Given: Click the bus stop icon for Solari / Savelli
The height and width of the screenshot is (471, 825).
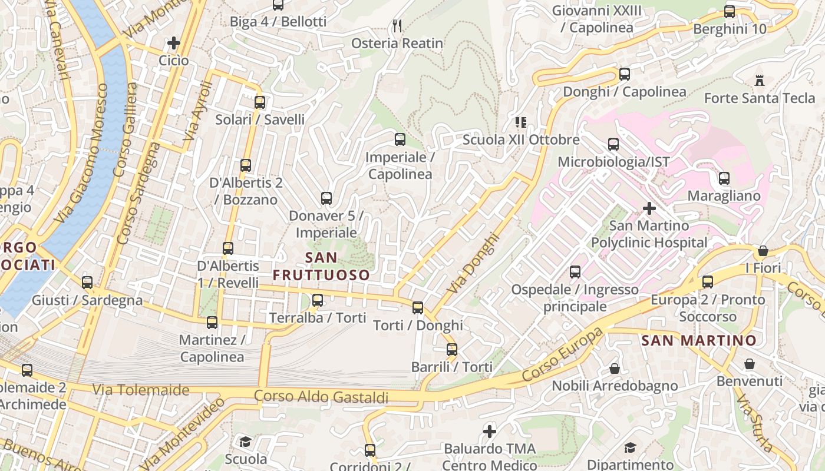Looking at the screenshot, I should (x=260, y=102).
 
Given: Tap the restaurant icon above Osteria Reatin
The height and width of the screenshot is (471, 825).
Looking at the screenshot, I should (x=397, y=25).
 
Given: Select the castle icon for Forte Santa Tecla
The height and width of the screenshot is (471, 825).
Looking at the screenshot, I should (x=759, y=81).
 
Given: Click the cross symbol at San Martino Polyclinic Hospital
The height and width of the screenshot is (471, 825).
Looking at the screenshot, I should (x=649, y=208).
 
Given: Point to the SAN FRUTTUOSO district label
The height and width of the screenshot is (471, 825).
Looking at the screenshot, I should (x=321, y=266).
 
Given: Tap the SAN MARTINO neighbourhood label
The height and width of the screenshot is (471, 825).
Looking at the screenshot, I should (x=698, y=340).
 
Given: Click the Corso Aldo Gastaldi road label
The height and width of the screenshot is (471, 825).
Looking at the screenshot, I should (x=321, y=397).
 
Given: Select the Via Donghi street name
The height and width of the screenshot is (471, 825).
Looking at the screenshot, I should (x=473, y=264).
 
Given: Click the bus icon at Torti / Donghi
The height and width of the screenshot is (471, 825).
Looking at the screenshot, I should (x=418, y=307).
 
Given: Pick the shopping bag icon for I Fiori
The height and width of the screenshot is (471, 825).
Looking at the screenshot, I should (x=763, y=251).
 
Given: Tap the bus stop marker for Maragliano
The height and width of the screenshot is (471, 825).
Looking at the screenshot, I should (x=724, y=178).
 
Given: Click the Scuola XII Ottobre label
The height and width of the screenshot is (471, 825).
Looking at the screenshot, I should (x=521, y=140).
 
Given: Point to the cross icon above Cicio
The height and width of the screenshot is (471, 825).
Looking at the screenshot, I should (x=173, y=43).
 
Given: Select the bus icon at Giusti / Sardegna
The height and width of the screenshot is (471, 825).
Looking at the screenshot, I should (x=87, y=283).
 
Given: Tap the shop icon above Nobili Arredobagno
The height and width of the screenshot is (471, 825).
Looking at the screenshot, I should (x=615, y=369).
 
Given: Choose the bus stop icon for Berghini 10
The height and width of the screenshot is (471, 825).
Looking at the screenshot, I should (x=730, y=12).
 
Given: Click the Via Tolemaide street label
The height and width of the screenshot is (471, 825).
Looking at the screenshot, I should (x=141, y=390).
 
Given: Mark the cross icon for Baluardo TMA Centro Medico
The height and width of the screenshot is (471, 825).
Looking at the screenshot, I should (x=489, y=432).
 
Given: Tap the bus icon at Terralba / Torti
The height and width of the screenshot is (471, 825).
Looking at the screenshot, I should (x=318, y=300).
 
